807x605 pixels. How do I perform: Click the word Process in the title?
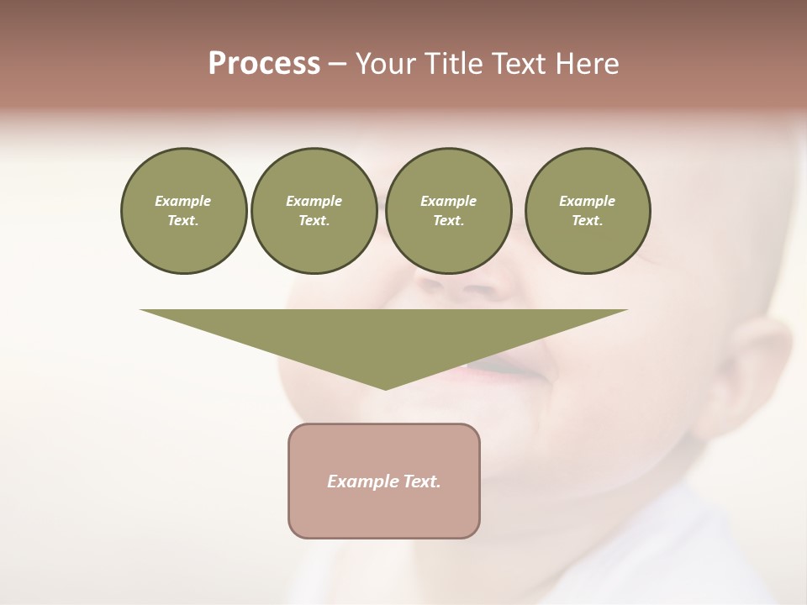[x=264, y=64]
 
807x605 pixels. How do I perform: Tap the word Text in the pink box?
[x=422, y=481]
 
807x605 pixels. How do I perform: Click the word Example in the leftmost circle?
[x=183, y=201]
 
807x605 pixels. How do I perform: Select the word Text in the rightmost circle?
[x=587, y=220]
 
